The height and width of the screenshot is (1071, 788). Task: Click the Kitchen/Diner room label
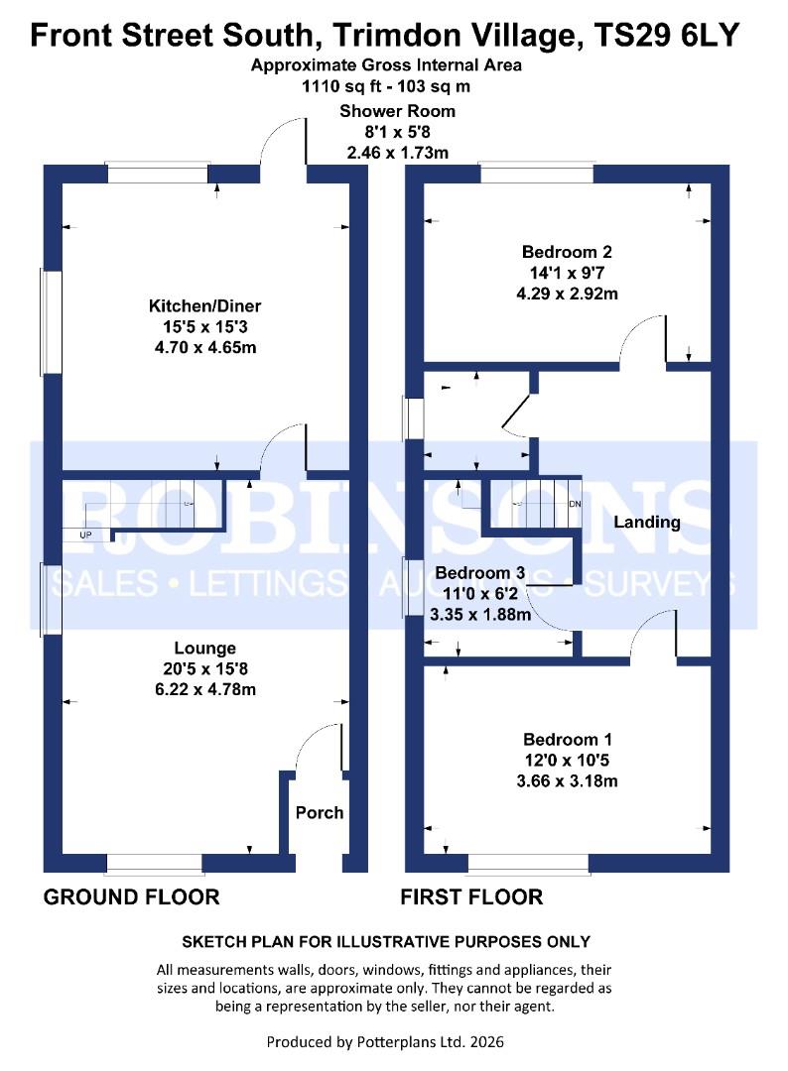point(205,305)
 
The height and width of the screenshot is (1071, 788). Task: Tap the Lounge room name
point(205,648)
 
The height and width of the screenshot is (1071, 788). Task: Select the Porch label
point(320,812)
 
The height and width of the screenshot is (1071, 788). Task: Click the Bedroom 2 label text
point(567,251)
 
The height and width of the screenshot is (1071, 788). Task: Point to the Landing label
point(646,523)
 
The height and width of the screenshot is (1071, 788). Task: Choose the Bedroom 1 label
point(568,739)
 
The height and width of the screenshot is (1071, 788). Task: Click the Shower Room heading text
point(397,111)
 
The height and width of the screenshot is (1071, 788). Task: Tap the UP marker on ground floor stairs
point(85,535)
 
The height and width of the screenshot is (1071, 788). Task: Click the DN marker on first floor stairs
point(575,504)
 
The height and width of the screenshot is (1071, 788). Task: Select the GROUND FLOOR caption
point(131,896)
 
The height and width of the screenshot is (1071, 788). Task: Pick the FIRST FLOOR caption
point(471,896)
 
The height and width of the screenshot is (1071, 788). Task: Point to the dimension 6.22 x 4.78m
point(205,689)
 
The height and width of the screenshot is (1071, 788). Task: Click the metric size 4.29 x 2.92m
point(567,294)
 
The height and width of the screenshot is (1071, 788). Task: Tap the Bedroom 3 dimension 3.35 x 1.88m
point(480,615)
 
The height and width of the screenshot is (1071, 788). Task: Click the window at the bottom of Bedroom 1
point(528,864)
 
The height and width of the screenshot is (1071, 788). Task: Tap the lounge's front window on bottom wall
point(155,864)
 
